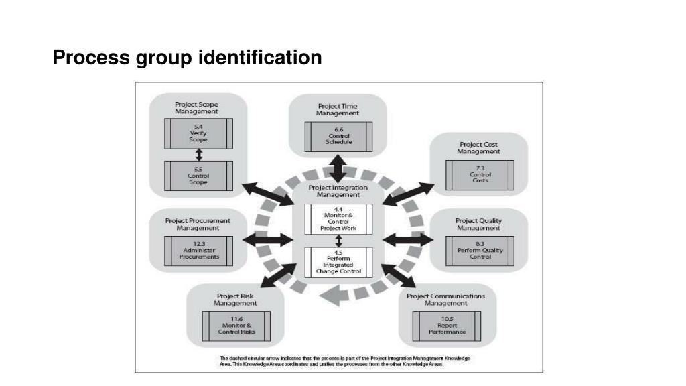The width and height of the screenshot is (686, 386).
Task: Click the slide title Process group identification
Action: [188, 58]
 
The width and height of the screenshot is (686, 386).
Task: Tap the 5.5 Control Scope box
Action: [198, 176]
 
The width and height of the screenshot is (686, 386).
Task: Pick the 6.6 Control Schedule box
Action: [338, 136]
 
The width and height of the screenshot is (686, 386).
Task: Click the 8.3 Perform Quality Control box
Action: [479, 251]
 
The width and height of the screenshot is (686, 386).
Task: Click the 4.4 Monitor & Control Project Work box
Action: [338, 219]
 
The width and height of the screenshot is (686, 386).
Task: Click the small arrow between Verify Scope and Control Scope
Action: [198, 155]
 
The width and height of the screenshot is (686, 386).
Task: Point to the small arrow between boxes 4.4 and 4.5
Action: [338, 241]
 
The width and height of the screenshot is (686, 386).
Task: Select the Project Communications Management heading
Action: [445, 299]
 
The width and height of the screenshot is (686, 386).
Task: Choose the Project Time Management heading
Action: [338, 109]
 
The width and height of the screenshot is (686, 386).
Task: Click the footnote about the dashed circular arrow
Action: [345, 361]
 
